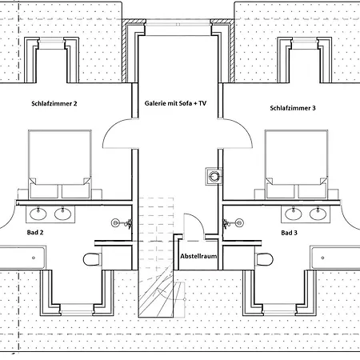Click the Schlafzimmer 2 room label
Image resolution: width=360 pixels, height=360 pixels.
tap(54, 103)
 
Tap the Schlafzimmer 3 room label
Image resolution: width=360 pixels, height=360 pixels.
tap(293, 108)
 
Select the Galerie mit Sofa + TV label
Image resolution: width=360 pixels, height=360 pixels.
tap(175, 103)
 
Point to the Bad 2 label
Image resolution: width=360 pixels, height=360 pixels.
tap(35, 232)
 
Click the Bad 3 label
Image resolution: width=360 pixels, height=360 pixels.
tap(289, 233)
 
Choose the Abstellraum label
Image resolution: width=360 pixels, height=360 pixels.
tap(198, 256)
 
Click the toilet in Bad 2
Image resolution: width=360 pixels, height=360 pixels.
tap(92, 259)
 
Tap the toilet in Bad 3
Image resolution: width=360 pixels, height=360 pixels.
tap(265, 259)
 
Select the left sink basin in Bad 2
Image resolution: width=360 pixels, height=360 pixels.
tap(38, 214)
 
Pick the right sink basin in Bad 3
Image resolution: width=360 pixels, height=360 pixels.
tap(318, 214)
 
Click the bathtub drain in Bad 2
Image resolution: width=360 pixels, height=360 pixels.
tap(34, 258)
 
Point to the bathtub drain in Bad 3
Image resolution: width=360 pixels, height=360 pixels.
tap(322, 258)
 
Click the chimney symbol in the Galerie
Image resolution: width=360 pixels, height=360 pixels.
tap(214, 176)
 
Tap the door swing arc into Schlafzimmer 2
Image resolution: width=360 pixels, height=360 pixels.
tap(110, 127)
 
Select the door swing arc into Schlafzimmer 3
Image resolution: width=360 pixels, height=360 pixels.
tap(245, 127)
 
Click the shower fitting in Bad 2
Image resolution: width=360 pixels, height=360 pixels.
tap(122, 223)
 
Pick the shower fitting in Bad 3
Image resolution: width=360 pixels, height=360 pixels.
tap(234, 223)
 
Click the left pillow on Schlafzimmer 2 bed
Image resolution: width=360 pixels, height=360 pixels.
tap(44, 191)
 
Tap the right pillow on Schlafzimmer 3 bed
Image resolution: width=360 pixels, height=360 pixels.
tap(312, 191)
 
